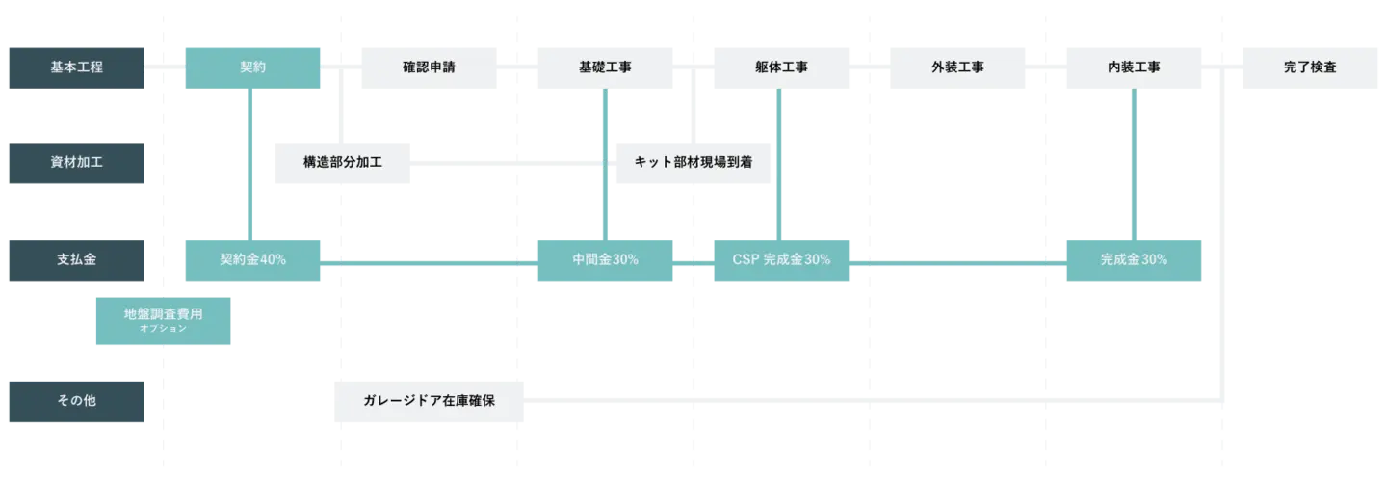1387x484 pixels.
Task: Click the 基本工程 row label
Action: (x=77, y=68)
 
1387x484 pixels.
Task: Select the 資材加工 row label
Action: (x=77, y=162)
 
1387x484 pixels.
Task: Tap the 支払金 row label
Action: (x=77, y=260)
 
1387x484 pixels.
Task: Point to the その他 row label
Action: (x=77, y=401)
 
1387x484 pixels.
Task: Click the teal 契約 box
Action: (x=253, y=68)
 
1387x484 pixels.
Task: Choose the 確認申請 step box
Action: (x=428, y=68)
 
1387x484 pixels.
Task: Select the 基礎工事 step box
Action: (x=605, y=68)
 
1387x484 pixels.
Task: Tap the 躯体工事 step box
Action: (x=781, y=68)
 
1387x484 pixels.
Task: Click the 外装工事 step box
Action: (x=958, y=68)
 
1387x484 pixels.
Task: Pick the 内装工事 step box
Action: (x=1133, y=68)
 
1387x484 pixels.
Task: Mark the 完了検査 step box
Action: (x=1310, y=68)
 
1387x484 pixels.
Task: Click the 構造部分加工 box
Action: (x=343, y=162)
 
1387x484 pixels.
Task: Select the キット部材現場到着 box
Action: (x=692, y=162)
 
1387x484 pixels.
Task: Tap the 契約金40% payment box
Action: (x=253, y=260)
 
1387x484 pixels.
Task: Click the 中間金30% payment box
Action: (x=605, y=260)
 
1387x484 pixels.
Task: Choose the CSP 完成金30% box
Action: (x=781, y=260)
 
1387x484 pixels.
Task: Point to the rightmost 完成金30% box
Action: (x=1133, y=260)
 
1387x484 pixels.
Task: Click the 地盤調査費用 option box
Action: (x=162, y=320)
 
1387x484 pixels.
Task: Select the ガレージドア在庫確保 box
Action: (x=428, y=401)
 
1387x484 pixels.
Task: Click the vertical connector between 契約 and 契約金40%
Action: (x=250, y=164)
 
